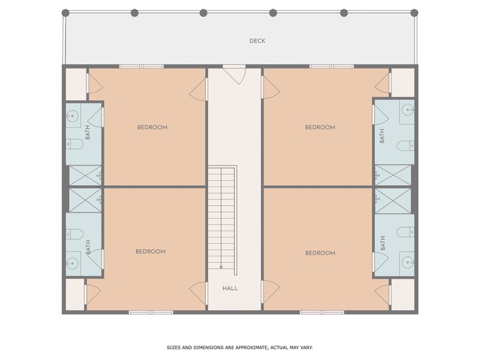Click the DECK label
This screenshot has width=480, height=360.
coord(257,41)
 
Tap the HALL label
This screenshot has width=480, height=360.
coord(230,288)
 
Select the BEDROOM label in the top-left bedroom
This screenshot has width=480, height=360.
coord(152,127)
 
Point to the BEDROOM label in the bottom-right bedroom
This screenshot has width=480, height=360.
coord(320,253)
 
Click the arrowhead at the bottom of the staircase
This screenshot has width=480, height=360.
coord(221,267)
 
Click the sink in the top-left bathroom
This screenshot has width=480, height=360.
coord(73,116)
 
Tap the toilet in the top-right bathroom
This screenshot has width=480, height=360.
coord(406,145)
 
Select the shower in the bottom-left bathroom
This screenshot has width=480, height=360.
coord(85,200)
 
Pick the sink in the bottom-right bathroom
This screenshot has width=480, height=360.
coord(408,262)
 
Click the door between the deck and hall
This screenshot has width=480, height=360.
coord(234,74)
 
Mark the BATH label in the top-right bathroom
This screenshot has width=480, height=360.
coord(382,136)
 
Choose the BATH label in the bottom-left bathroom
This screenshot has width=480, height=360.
coord(89,247)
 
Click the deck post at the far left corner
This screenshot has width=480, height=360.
coord(65,13)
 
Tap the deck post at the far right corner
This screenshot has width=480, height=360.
coord(415,13)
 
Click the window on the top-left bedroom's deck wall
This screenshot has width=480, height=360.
coord(142,66)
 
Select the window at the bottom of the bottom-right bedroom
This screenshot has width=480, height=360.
coord(322,312)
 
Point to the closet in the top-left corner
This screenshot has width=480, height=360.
coord(76,84)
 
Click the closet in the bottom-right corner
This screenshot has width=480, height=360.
coord(403,294)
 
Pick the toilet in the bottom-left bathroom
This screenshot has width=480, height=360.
coord(75,234)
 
